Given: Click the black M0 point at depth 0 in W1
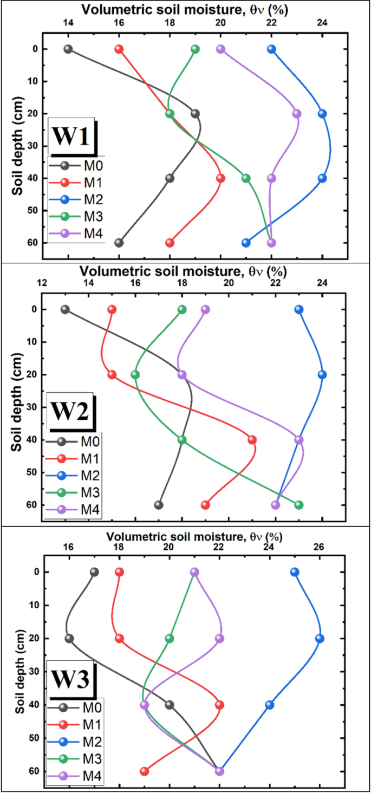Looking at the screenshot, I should [x=68, y=49].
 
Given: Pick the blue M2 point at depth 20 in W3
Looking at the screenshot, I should [x=320, y=639].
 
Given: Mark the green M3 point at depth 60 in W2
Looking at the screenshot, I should [x=298, y=505].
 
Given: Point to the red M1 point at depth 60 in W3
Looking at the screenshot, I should [x=145, y=771].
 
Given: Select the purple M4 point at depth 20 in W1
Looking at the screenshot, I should [x=297, y=114].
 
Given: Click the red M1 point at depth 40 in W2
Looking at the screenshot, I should [x=252, y=440].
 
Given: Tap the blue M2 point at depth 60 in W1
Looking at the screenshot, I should [x=246, y=243].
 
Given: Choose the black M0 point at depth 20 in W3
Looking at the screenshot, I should [x=69, y=639].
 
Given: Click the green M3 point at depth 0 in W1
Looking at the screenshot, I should [x=196, y=49].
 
